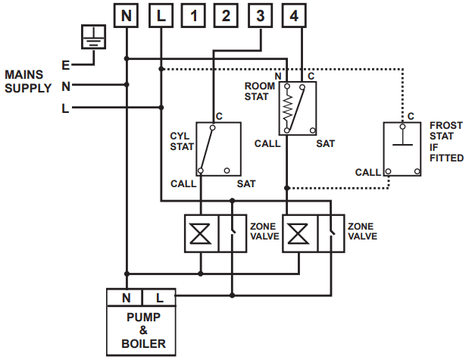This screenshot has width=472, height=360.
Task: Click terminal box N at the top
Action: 127,15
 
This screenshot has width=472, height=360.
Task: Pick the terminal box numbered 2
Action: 227,15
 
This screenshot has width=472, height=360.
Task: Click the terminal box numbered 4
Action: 295,15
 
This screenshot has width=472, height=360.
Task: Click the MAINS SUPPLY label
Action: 28,82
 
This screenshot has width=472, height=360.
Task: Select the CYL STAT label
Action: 183,142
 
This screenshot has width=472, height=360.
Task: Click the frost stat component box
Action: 402,148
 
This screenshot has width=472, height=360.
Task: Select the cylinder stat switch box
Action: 218,148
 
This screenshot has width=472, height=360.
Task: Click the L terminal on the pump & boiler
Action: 160,299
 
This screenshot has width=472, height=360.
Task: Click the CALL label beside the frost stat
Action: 367,173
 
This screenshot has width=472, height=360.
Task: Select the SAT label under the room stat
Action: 325,143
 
